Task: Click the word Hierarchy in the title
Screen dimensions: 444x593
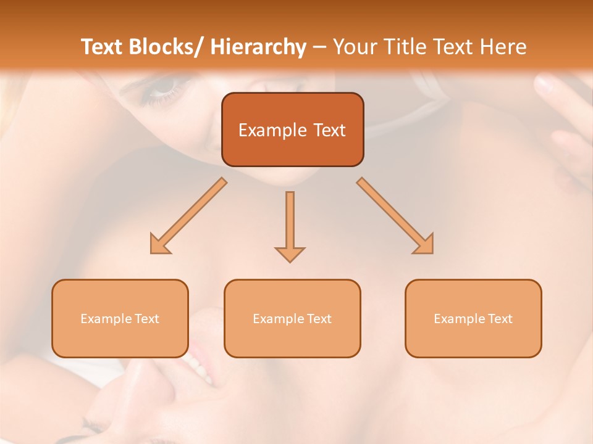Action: tap(258, 47)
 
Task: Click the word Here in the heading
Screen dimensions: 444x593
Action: tap(503, 47)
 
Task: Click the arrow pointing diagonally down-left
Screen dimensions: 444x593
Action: tap(187, 216)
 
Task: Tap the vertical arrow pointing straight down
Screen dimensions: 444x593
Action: tap(290, 226)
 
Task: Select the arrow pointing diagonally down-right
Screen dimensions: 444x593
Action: tap(395, 216)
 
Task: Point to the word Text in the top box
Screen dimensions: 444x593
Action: tap(329, 130)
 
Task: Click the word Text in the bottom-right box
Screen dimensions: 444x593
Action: tap(500, 319)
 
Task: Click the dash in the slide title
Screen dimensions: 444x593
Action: tap(319, 47)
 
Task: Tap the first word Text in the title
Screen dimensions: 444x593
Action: tap(103, 47)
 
